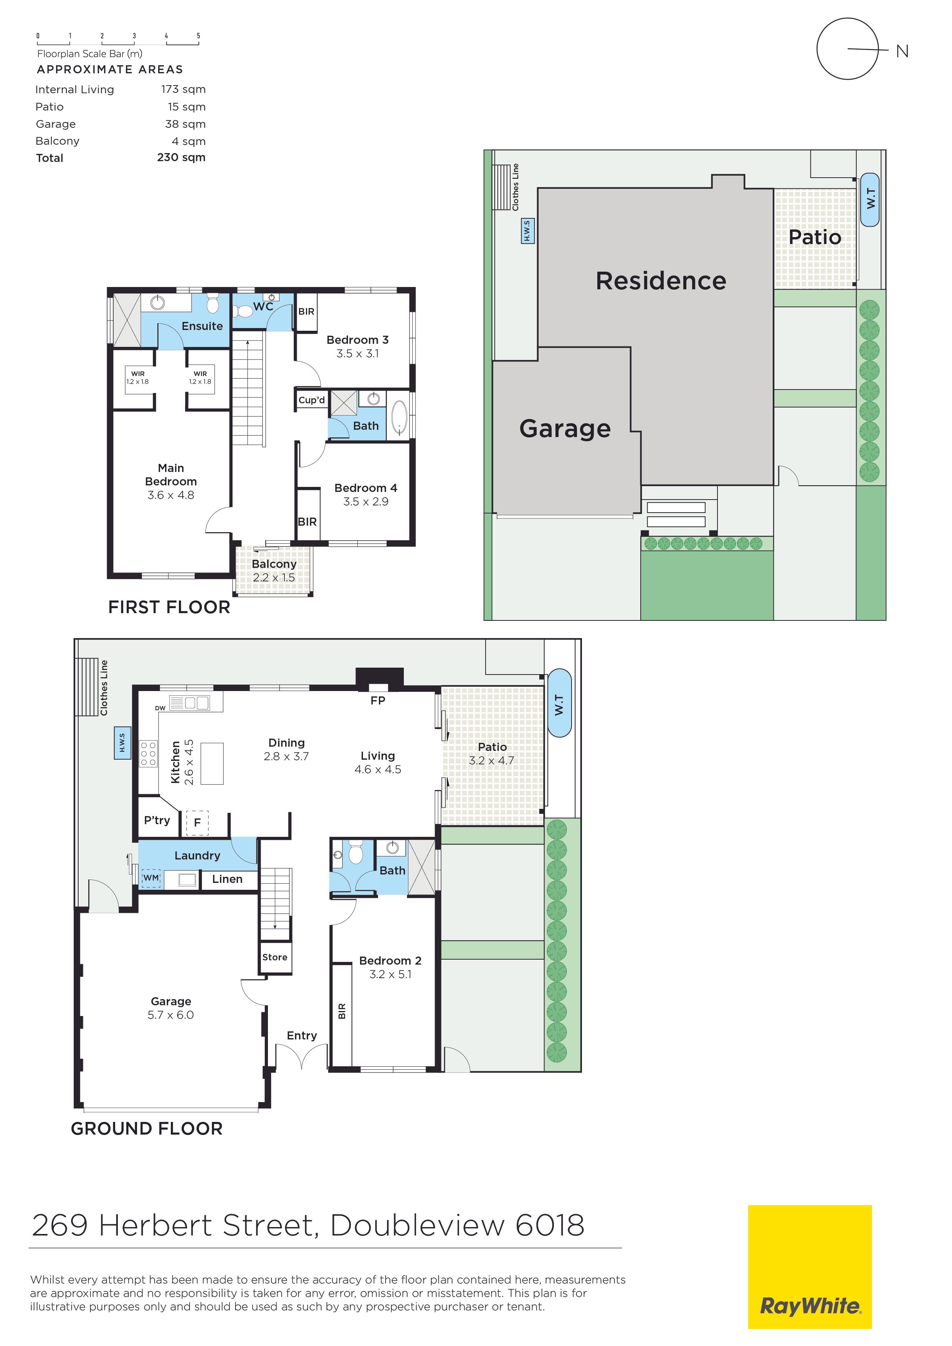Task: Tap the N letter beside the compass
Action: coord(902,51)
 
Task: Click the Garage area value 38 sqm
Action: coord(185,124)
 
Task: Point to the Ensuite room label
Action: coord(202,326)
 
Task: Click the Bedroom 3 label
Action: coord(357,340)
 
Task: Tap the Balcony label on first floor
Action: coord(274,564)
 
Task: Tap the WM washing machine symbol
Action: coord(151,878)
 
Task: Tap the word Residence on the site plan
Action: coord(661,281)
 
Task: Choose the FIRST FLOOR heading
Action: coord(169,607)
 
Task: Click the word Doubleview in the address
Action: coord(417,1225)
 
